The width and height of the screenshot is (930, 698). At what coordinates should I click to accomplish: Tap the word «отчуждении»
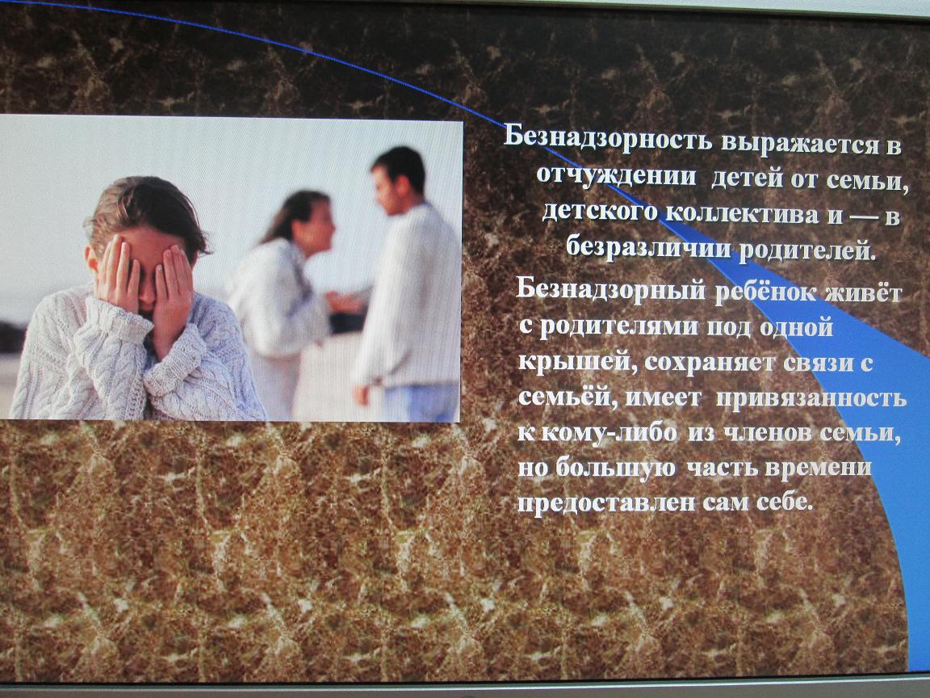(616, 175)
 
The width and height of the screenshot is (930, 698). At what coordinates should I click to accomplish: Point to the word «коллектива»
(742, 213)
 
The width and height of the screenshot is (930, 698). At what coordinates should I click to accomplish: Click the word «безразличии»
(648, 245)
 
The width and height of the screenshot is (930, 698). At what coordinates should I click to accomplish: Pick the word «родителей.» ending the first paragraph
(807, 250)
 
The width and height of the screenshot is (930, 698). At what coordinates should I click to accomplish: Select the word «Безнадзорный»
(611, 290)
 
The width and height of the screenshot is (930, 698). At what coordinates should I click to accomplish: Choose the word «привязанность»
(811, 398)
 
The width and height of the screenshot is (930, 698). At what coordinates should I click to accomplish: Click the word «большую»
(616, 469)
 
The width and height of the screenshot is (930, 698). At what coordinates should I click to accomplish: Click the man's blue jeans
(421, 402)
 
